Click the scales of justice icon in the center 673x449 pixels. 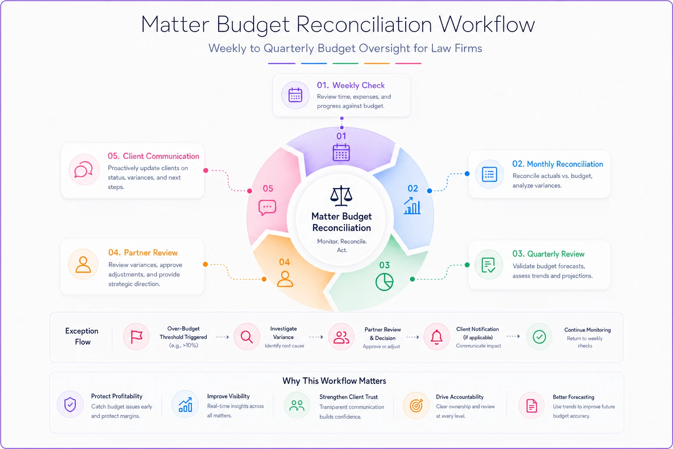(x=341, y=196)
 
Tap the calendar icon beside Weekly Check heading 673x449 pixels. (x=295, y=95)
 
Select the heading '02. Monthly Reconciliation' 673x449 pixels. (x=558, y=164)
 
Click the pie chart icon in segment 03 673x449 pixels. (x=384, y=282)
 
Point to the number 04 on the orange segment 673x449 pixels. (x=284, y=262)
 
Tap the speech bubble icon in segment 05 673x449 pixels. (x=267, y=207)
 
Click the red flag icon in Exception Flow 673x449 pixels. (x=136, y=336)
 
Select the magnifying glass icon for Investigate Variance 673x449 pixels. (x=246, y=337)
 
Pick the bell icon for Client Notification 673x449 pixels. (x=436, y=337)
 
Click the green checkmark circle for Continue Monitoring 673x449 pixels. (x=539, y=337)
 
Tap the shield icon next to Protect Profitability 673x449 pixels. (x=70, y=404)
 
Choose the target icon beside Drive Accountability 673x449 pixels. (x=416, y=406)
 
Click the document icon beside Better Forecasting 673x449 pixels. (x=531, y=406)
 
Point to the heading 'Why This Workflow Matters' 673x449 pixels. (x=334, y=381)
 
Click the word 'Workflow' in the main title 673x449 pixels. (x=487, y=25)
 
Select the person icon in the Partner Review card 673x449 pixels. (x=83, y=264)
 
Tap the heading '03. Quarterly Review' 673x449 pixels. (x=548, y=254)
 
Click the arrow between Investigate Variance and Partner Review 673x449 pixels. (x=316, y=337)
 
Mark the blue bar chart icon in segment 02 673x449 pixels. (x=412, y=206)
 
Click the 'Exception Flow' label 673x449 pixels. (x=82, y=336)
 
